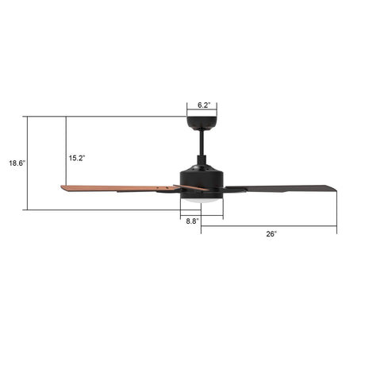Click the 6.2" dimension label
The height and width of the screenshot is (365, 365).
(202, 104)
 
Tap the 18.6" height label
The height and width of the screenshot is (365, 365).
(17, 163)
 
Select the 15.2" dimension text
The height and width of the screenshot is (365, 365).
(77, 158)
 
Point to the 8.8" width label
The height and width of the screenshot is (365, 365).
(192, 222)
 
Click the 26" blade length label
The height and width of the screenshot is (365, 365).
(271, 234)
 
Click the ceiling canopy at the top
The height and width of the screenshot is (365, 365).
(202, 123)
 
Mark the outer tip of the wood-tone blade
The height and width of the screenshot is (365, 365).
(63, 187)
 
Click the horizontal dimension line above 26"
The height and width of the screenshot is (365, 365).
(269, 227)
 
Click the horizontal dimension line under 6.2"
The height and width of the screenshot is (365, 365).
(202, 111)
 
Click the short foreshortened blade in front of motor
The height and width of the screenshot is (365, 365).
(190, 189)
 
